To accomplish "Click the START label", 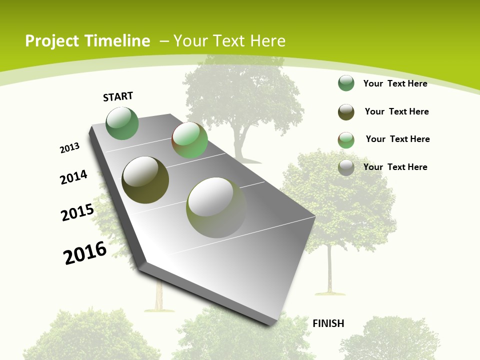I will [118, 96].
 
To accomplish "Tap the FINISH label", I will [328, 323].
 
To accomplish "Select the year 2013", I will [70, 148].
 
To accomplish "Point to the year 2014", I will [74, 177].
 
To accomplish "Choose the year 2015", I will [77, 212].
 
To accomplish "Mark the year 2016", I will [85, 253].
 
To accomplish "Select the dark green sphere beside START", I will [122, 123].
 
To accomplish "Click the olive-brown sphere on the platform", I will [145, 180].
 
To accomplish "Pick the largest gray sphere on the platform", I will [216, 207].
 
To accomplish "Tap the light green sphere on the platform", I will [190, 140].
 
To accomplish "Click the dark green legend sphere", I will [346, 83].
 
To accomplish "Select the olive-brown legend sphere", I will [346, 112].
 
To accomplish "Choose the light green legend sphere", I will [346, 140].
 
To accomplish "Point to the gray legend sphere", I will [346, 167].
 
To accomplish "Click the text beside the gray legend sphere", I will [395, 167].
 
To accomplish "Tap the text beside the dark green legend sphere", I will [395, 83].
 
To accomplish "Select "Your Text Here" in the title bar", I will [229, 41].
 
